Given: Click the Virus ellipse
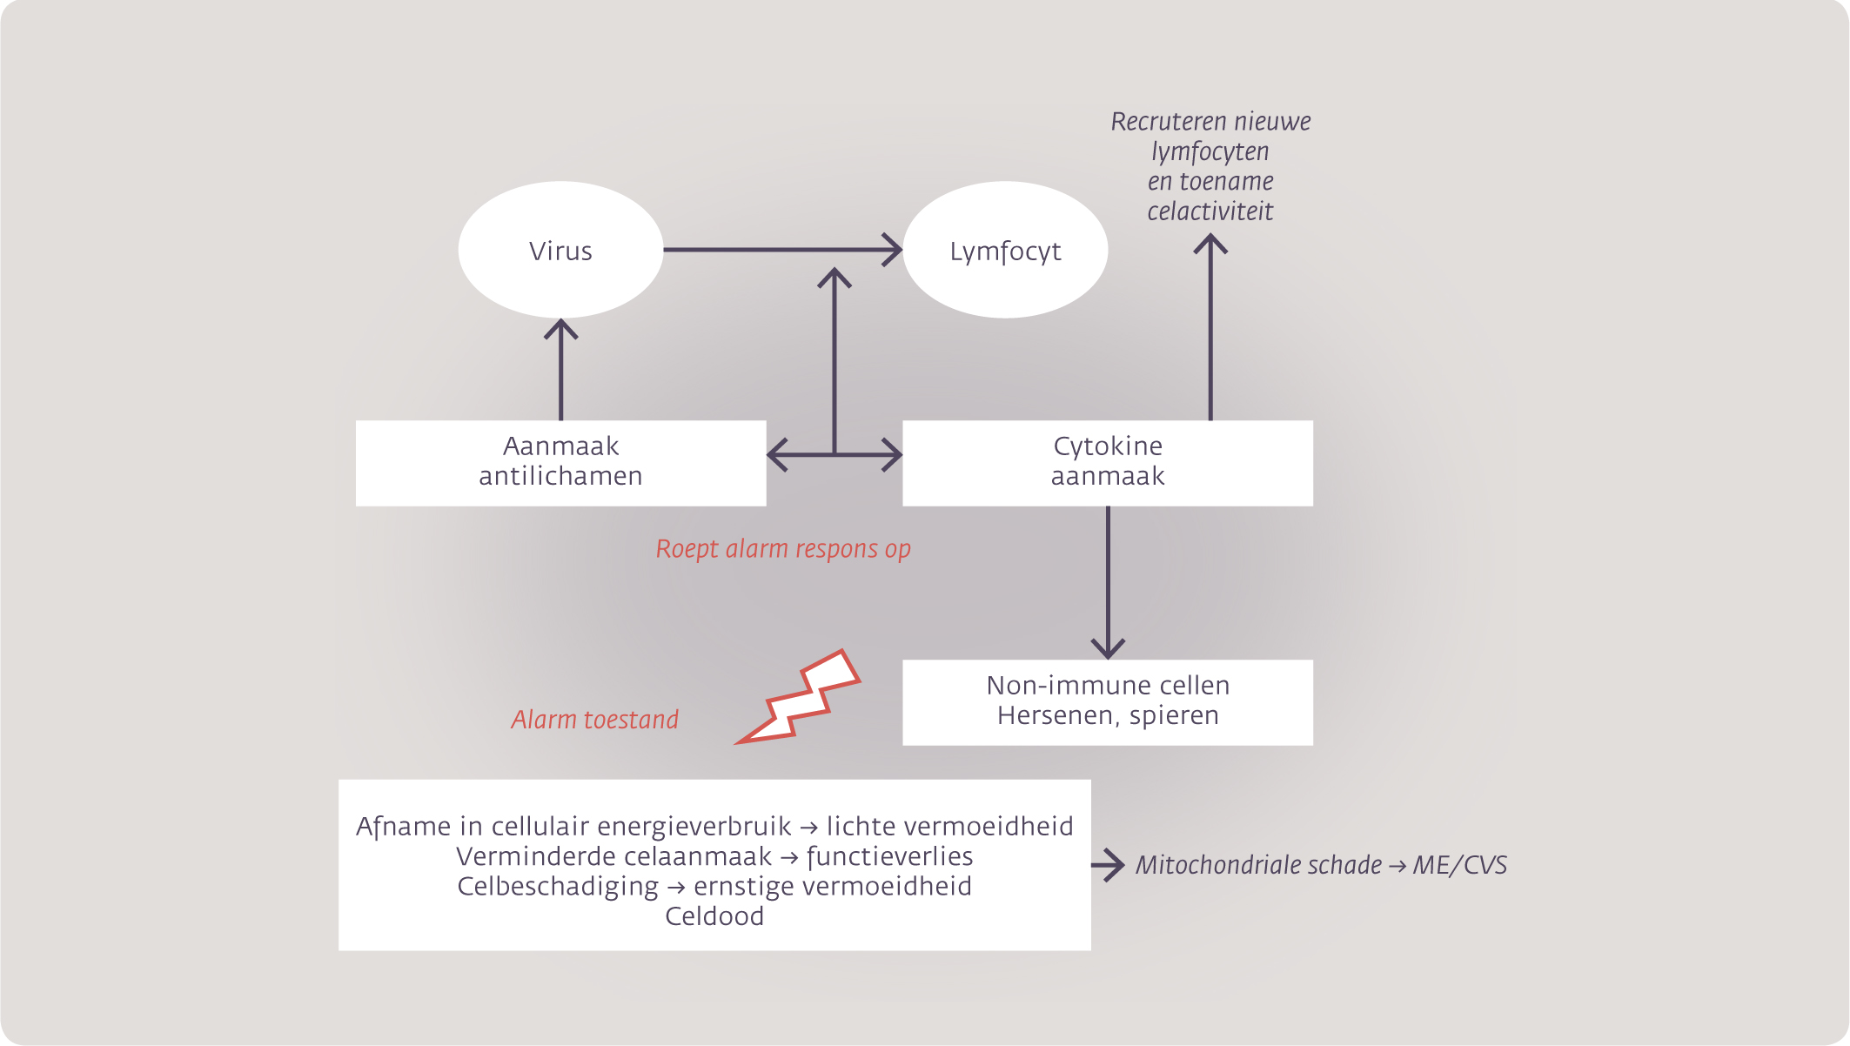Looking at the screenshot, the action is [560, 250].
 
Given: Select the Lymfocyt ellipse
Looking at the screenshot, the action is [1005, 250].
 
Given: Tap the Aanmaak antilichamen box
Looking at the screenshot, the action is [560, 463].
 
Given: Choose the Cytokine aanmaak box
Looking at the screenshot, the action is [1108, 463].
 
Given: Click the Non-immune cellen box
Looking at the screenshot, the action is [1108, 702].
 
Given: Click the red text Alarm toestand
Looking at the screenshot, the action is [594, 720].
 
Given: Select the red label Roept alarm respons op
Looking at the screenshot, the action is [783, 549].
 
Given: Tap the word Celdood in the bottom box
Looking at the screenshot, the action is [714, 916].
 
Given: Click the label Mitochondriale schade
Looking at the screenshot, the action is [1258, 865].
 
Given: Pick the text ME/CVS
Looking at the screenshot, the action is [1460, 865].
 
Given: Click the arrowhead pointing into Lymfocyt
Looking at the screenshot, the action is [893, 250].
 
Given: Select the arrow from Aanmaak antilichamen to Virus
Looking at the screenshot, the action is [560, 370].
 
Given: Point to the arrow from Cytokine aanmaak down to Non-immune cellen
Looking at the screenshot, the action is [1108, 583].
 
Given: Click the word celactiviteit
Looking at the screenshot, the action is [1210, 211].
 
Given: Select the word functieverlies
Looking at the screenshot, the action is [890, 857].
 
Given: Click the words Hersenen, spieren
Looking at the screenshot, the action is [1108, 716].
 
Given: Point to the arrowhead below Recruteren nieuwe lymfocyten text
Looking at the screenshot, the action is [1210, 244].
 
